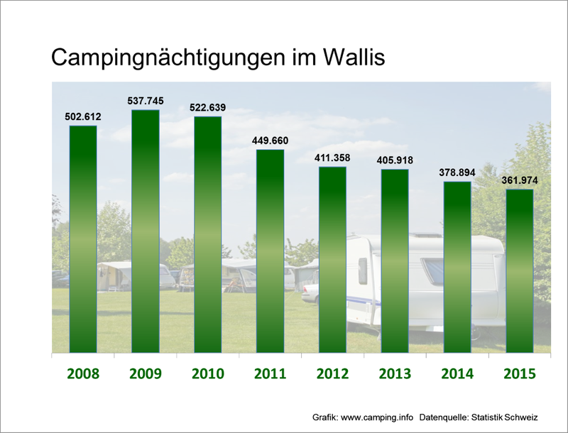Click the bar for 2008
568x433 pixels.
click(83, 239)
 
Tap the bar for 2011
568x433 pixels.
click(271, 251)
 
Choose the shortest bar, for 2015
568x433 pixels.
click(520, 270)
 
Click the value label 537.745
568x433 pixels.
click(146, 101)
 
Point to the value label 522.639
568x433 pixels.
click(208, 107)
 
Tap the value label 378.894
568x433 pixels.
click(457, 172)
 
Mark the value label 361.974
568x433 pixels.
click(520, 180)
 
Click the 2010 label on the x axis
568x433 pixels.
click(208, 374)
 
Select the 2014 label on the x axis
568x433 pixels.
click(457, 374)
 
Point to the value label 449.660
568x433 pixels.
click(271, 140)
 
